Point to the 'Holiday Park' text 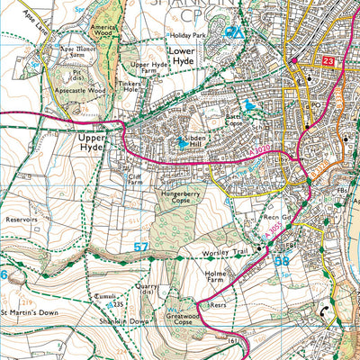(187, 36)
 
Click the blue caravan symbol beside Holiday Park (233, 33)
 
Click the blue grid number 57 (140, 245)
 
